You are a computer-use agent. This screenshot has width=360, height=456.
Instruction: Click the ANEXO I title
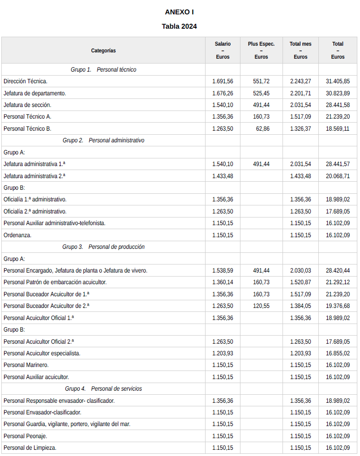point(179,12)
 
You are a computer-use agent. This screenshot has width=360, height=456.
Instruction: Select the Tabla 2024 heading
point(179,26)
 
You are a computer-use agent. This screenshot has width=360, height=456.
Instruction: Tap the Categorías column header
point(103,51)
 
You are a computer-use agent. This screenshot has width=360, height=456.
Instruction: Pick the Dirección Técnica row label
point(26,81)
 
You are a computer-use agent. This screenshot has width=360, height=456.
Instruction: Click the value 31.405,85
point(338,81)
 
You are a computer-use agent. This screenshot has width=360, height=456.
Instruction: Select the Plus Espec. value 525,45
point(261,93)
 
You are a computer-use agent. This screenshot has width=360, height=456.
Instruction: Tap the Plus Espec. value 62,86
point(263,128)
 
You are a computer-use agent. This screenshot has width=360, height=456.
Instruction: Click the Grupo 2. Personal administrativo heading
point(103,141)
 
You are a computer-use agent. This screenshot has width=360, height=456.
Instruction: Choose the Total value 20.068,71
point(338,176)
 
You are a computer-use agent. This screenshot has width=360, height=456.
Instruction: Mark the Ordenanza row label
point(17,235)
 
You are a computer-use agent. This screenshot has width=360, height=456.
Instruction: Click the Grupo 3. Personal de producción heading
point(103,247)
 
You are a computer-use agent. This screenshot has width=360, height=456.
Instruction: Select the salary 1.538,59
point(223,271)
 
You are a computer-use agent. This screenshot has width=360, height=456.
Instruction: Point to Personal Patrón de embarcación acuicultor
point(55,282)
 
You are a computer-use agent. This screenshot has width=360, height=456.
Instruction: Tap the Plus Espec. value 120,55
point(261,306)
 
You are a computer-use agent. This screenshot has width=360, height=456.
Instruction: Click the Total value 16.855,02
point(338,354)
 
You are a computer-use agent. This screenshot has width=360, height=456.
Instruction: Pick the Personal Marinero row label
point(26,365)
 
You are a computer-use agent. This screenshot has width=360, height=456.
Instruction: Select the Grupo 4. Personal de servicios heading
point(103,389)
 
